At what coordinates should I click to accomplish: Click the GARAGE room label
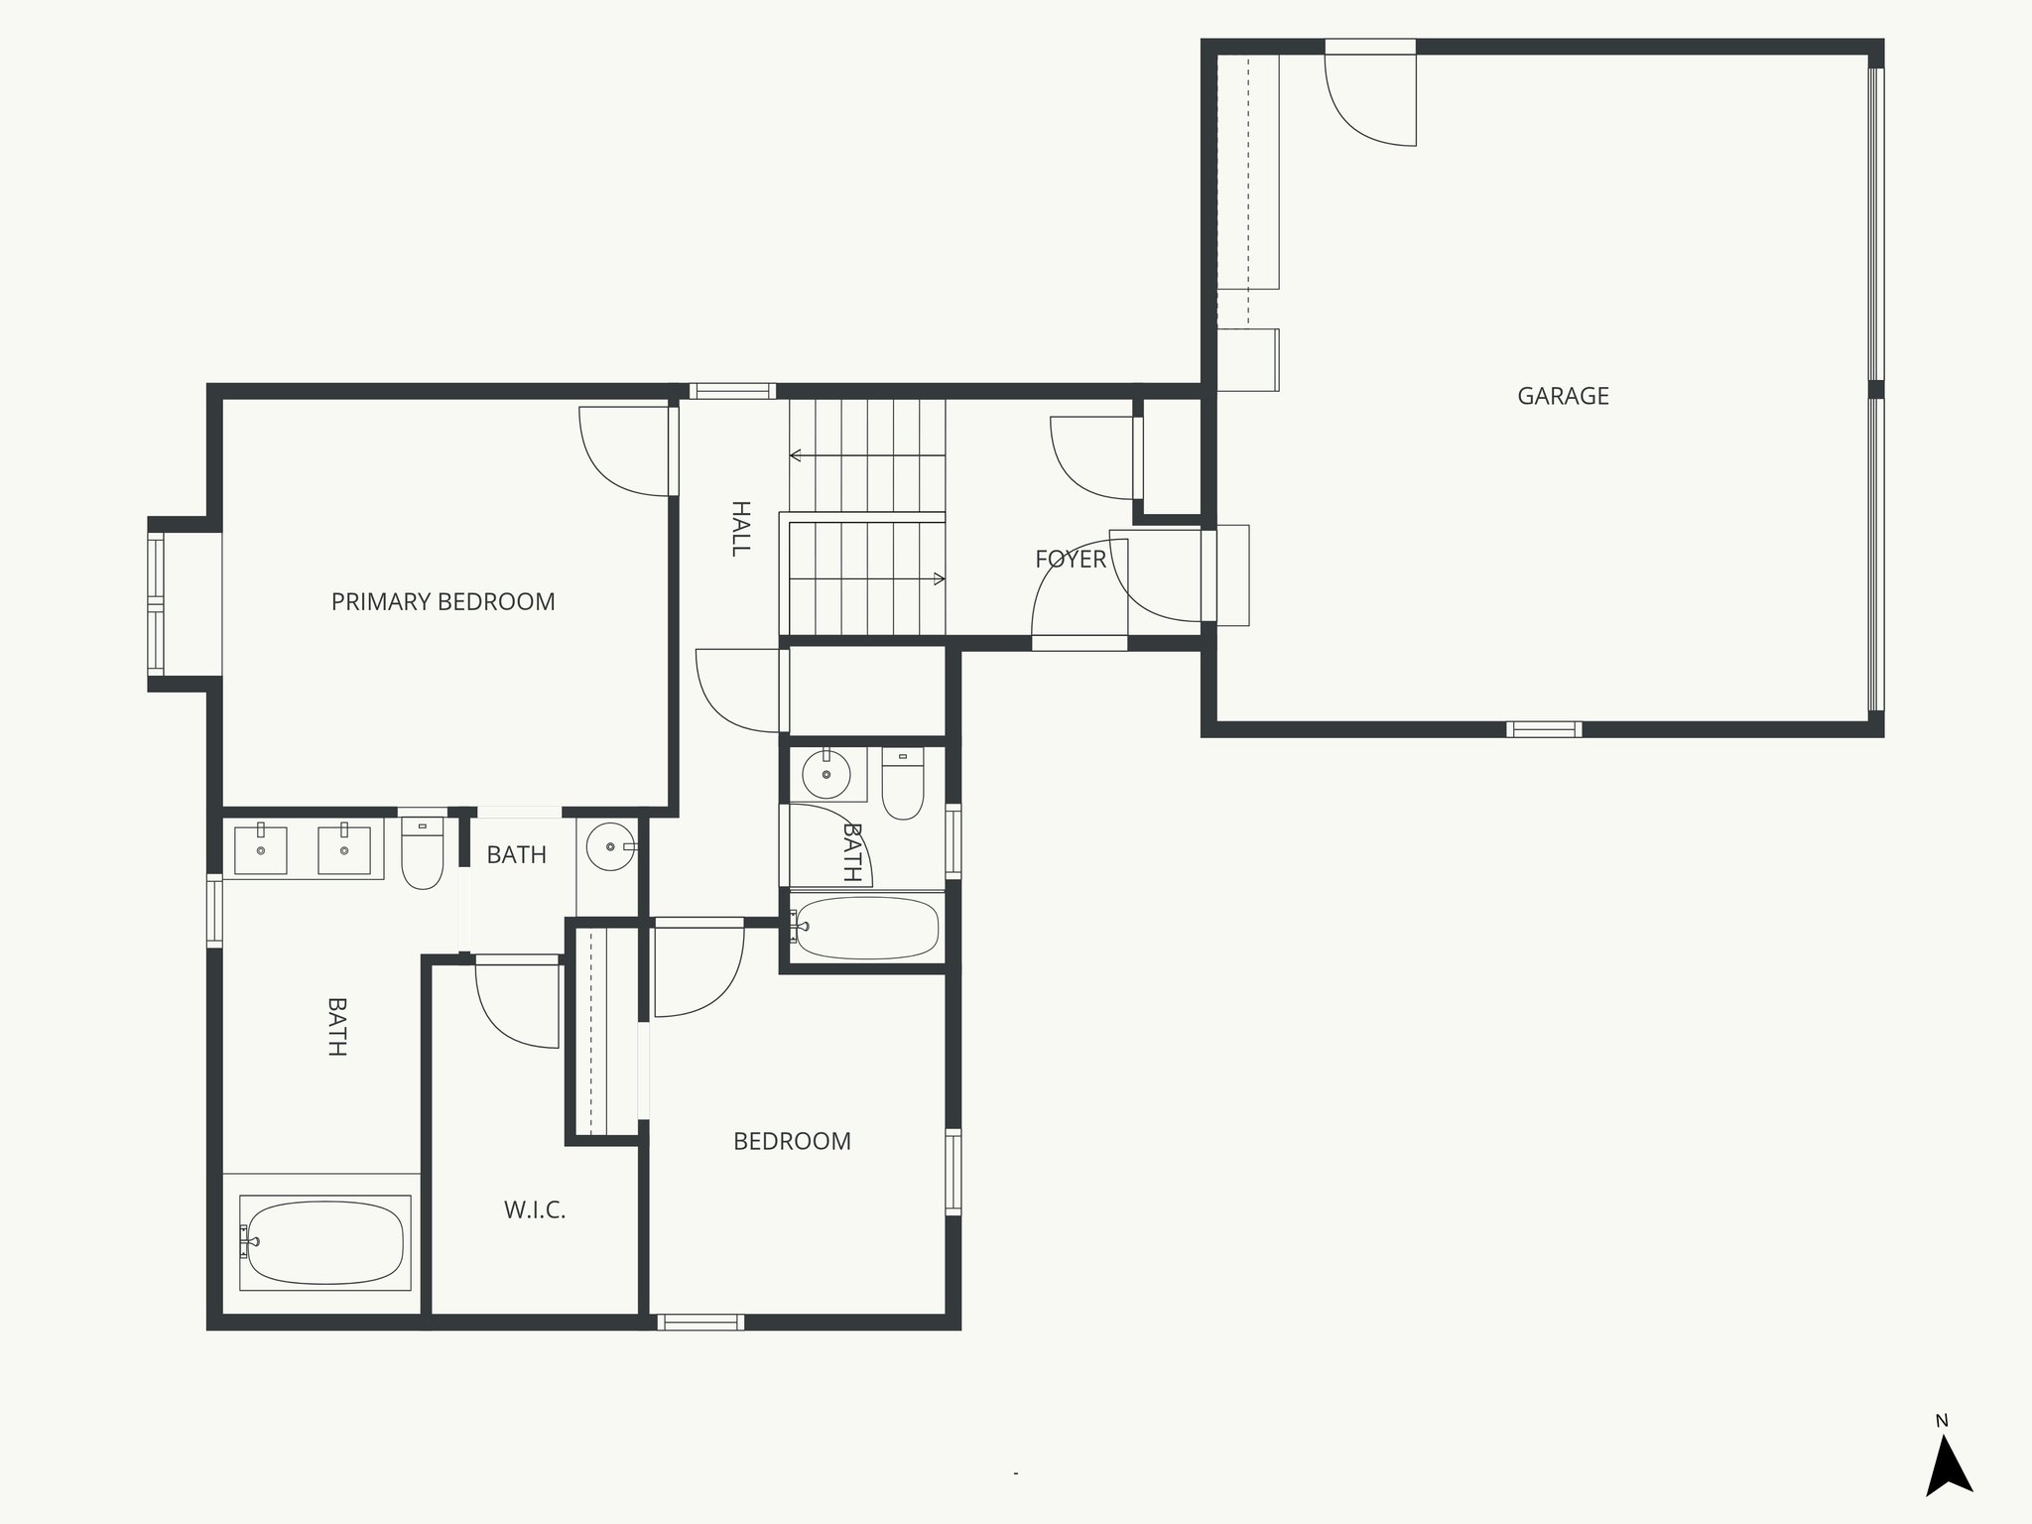(1563, 396)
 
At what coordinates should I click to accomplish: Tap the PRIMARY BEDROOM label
(443, 601)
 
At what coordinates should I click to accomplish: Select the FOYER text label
(1070, 559)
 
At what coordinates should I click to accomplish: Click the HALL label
(740, 528)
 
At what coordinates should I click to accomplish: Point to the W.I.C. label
(534, 1209)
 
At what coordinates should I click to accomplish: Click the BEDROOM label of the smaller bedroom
(792, 1141)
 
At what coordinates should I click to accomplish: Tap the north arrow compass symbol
(1948, 1468)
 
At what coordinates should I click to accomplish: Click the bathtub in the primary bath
(325, 1242)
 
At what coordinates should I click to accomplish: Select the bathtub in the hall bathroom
(866, 928)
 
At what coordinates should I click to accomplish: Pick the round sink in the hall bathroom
(825, 775)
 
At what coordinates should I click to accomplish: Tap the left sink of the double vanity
(261, 849)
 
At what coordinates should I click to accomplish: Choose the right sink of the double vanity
(344, 849)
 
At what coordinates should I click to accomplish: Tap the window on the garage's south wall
(1543, 729)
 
